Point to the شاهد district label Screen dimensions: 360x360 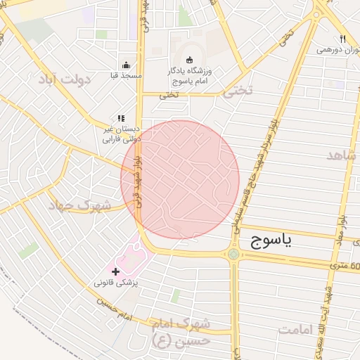click(x=342, y=155)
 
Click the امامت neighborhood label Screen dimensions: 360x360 click(x=303, y=329)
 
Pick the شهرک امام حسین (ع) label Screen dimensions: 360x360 click(x=185, y=332)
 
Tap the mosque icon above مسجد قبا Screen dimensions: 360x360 click(x=126, y=64)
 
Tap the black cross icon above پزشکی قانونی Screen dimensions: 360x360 click(x=115, y=271)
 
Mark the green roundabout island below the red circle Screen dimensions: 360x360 click(x=233, y=255)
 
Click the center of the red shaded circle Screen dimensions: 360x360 click(x=181, y=179)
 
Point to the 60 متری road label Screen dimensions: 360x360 click(x=349, y=266)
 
